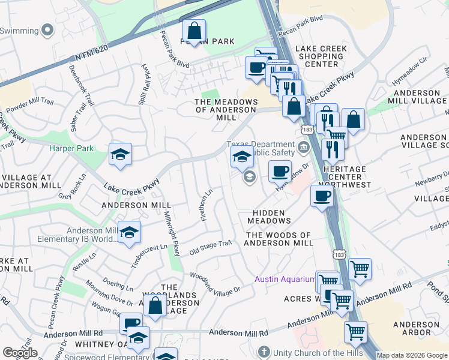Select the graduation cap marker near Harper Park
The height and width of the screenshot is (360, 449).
(x=120, y=155)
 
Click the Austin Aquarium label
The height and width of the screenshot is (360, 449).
(x=285, y=279)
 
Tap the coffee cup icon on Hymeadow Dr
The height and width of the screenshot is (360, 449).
(x=280, y=171)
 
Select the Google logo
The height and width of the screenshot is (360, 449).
(x=20, y=353)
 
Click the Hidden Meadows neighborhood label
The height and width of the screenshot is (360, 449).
(x=268, y=217)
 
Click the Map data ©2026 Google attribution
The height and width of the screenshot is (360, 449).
(x=412, y=355)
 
